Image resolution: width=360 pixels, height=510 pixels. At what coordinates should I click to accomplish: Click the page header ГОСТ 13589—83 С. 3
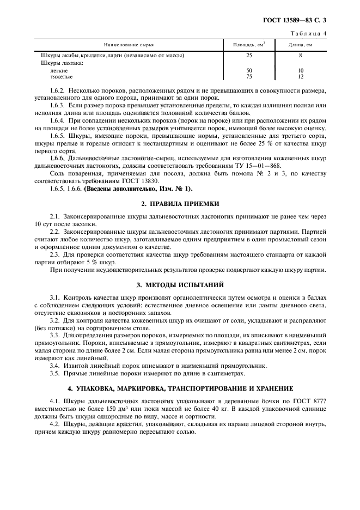click(x=300, y=21)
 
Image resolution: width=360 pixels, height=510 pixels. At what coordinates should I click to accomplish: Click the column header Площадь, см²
click(x=249, y=44)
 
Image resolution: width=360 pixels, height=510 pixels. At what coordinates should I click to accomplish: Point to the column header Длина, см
click(x=300, y=44)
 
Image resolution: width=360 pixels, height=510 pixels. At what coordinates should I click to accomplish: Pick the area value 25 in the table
click(x=249, y=56)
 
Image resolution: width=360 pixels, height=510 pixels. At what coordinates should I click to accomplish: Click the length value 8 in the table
click(x=300, y=56)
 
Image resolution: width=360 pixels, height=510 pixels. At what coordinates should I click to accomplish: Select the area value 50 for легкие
click(x=249, y=71)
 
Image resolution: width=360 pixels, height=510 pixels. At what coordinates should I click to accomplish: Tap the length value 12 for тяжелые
click(x=300, y=77)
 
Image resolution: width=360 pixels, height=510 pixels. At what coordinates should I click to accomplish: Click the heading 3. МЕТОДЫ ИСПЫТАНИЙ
click(x=180, y=285)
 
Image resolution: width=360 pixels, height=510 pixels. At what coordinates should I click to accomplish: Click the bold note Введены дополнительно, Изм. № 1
click(x=136, y=189)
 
